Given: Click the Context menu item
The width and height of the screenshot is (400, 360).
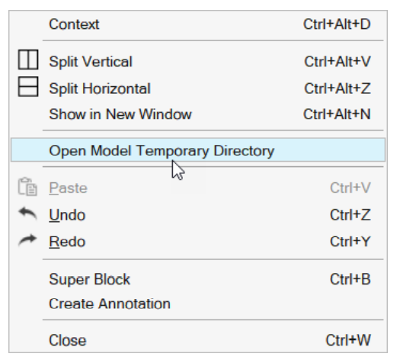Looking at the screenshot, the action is (x=74, y=24).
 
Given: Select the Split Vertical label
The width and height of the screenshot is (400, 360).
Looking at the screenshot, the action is (x=91, y=62).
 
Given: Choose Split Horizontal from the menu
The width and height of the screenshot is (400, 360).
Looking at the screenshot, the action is (x=100, y=88).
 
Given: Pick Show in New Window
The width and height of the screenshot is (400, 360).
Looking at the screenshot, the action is (x=120, y=114).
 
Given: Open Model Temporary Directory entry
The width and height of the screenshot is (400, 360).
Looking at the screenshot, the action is (x=162, y=151).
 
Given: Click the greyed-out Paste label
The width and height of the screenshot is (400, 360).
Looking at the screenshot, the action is (x=68, y=188).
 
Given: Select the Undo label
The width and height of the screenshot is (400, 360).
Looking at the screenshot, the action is (x=67, y=215).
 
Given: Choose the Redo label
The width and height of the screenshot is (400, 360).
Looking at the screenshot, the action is (x=67, y=242).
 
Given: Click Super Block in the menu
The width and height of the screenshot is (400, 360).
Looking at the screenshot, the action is (x=90, y=279).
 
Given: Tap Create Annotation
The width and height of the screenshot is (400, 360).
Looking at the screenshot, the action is (x=110, y=304).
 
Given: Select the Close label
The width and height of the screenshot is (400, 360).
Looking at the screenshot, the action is (x=68, y=340).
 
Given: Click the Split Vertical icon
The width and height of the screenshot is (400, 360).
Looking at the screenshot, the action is (x=28, y=59).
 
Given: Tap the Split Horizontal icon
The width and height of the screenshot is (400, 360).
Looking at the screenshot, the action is (x=28, y=87).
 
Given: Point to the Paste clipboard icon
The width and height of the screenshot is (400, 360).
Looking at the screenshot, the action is (x=27, y=187).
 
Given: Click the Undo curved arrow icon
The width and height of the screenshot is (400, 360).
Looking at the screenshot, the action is (x=27, y=213).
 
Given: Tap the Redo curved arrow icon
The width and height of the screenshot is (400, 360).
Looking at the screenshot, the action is (x=27, y=240).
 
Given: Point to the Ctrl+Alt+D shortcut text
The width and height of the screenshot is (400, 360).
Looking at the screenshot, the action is (x=337, y=24).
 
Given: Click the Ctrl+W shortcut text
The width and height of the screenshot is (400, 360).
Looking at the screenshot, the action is (x=348, y=340).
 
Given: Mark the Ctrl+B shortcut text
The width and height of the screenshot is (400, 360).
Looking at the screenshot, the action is (x=350, y=279).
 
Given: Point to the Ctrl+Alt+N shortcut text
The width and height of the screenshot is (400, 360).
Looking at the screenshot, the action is (x=337, y=114).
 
